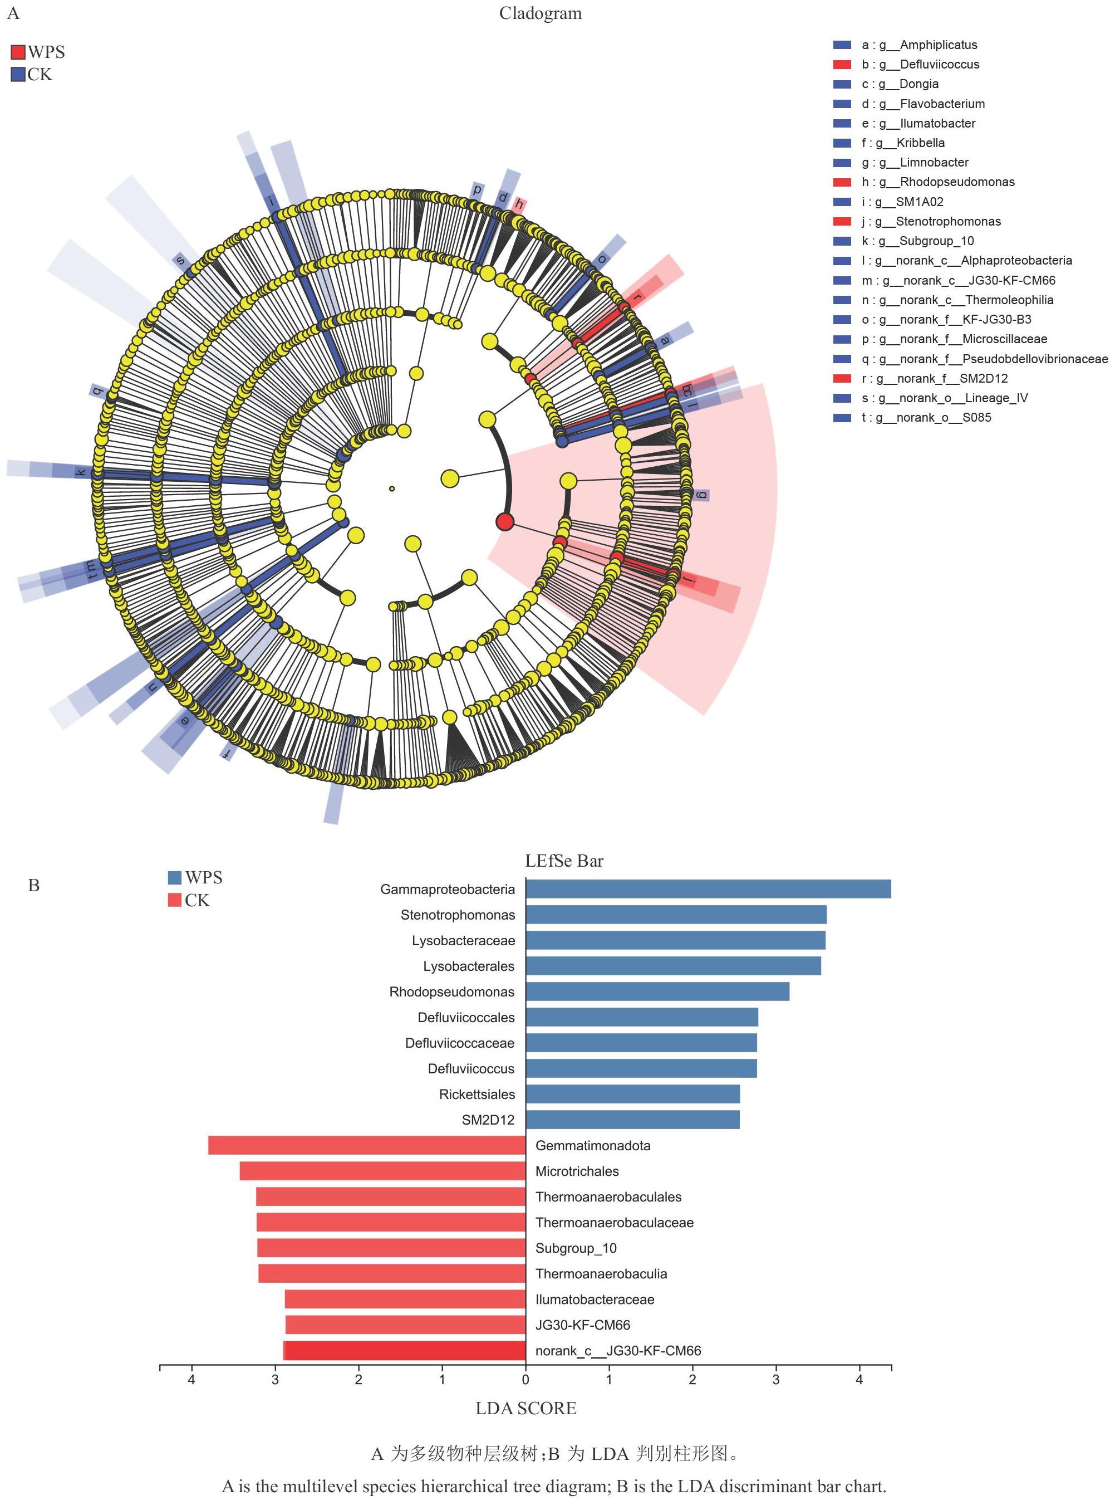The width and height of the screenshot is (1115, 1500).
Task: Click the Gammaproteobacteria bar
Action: pyautogui.click(x=708, y=889)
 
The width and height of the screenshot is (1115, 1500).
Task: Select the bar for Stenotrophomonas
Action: pyautogui.click(x=676, y=915)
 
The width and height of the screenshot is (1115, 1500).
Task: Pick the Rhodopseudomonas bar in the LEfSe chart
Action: pyautogui.click(x=657, y=991)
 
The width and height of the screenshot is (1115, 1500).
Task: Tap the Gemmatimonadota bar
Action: pyautogui.click(x=367, y=1145)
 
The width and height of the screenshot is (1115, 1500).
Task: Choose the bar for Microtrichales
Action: pyautogui.click(x=382, y=1171)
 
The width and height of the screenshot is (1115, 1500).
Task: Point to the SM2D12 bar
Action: pyautogui.click(x=632, y=1120)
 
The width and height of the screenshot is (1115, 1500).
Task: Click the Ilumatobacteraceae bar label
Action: pyautogui.click(x=595, y=1299)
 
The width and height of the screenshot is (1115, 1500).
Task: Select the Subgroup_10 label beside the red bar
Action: pyautogui.click(x=576, y=1248)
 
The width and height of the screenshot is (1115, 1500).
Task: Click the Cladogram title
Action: pyautogui.click(x=541, y=13)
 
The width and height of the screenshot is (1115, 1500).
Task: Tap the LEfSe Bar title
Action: pyautogui.click(x=564, y=861)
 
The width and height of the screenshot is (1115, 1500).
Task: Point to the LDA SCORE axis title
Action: pyautogui.click(x=526, y=1408)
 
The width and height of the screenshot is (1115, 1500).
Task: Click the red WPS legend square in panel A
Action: pyautogui.click(x=18, y=52)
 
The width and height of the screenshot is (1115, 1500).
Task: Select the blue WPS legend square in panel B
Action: pyautogui.click(x=175, y=877)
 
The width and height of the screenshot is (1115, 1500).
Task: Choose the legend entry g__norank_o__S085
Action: pyautogui.click(x=926, y=417)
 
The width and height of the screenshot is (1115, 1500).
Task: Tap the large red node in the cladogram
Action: pyautogui.click(x=505, y=521)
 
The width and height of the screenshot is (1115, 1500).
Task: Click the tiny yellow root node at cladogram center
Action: pyautogui.click(x=392, y=488)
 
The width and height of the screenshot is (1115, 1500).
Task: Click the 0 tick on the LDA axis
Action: pyautogui.click(x=526, y=1379)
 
